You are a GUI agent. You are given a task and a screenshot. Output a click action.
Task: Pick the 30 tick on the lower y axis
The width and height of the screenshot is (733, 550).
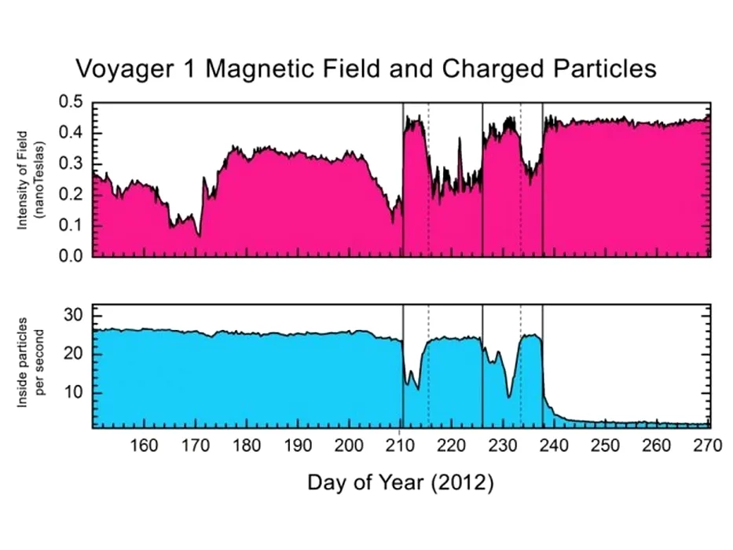pyautogui.click(x=72, y=316)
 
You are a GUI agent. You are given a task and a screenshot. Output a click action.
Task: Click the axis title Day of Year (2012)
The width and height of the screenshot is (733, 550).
pyautogui.click(x=400, y=482)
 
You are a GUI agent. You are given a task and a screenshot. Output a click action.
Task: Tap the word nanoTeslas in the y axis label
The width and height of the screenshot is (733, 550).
pyautogui.click(x=40, y=179)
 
